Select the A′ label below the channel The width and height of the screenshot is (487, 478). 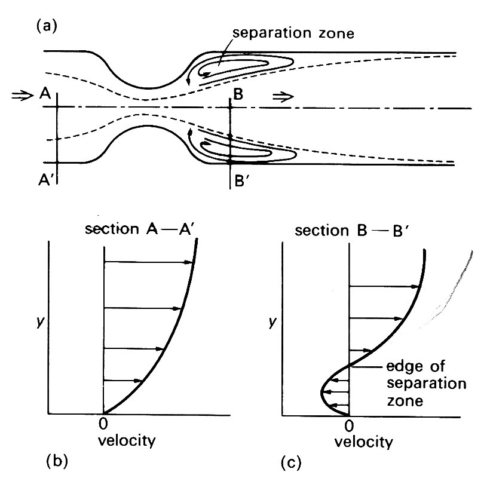pyautogui.click(x=44, y=179)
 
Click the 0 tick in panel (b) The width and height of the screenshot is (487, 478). pyautogui.click(x=103, y=425)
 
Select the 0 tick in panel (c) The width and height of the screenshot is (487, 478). pyautogui.click(x=350, y=426)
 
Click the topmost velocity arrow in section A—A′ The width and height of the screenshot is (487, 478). pyautogui.click(x=149, y=262)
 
